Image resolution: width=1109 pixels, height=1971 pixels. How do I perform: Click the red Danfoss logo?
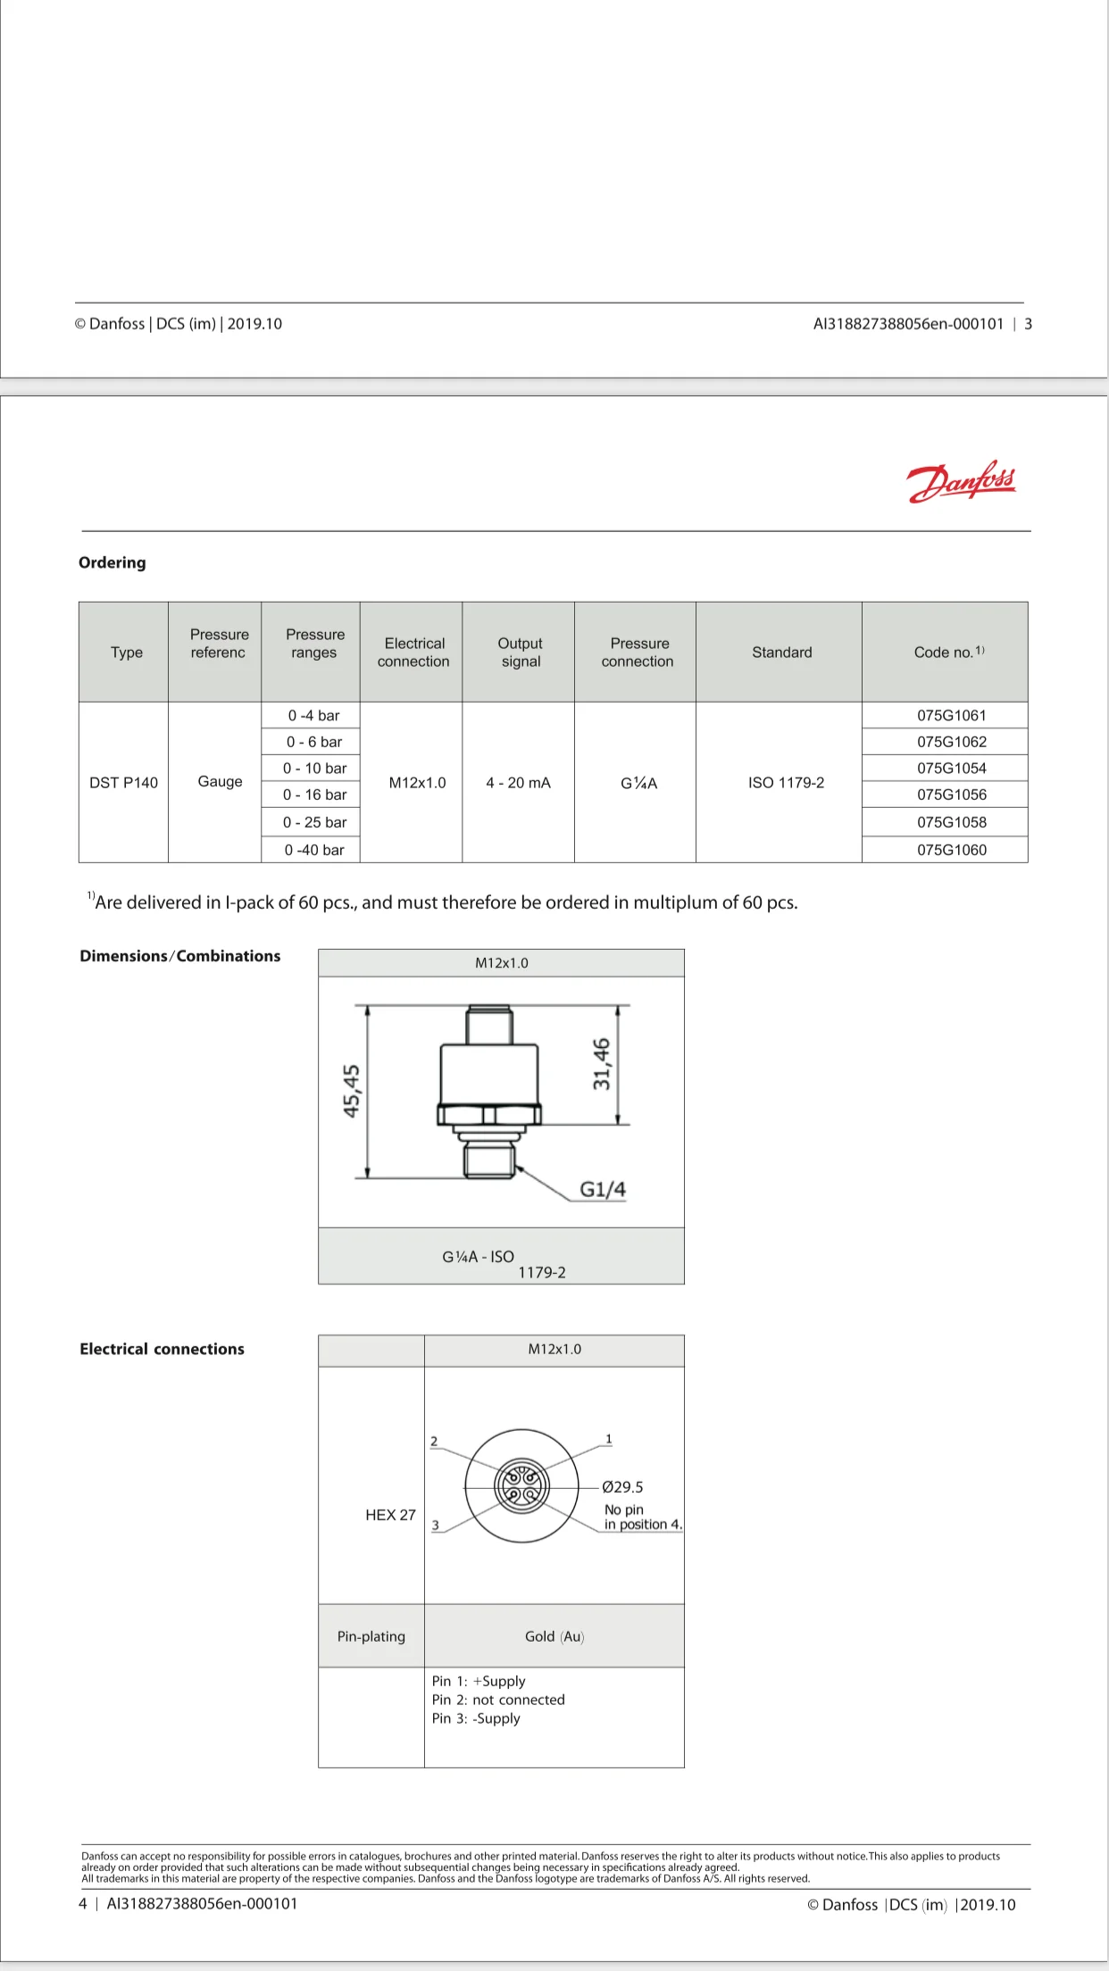click(962, 482)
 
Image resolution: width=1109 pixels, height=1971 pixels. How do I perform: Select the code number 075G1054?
click(951, 768)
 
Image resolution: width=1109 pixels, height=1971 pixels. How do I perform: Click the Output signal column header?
click(520, 653)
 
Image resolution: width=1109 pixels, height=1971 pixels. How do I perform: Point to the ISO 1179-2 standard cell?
click(786, 783)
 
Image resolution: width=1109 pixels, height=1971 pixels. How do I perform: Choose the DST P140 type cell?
click(123, 783)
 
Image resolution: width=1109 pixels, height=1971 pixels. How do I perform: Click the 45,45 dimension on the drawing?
click(352, 1090)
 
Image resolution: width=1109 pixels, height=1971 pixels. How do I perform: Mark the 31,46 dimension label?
click(602, 1063)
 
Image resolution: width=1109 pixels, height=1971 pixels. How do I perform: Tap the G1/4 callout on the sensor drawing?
click(603, 1189)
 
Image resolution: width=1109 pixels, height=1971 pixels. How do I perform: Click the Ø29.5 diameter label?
click(622, 1487)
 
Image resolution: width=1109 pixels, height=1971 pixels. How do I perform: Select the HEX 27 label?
click(390, 1515)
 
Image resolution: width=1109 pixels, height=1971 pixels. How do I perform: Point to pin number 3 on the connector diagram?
click(436, 1526)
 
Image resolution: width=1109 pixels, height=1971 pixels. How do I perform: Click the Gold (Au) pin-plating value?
click(554, 1636)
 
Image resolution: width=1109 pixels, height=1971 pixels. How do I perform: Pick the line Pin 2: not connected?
click(498, 1700)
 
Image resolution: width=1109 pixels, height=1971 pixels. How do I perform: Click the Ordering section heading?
click(113, 562)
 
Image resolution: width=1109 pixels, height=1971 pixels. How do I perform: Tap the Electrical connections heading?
click(162, 1349)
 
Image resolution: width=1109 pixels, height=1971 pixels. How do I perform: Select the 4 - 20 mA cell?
click(518, 783)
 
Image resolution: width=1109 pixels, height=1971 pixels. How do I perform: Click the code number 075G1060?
click(951, 850)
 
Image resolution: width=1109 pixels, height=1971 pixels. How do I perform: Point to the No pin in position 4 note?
click(642, 1517)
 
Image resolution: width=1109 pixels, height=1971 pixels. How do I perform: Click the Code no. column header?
click(948, 653)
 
